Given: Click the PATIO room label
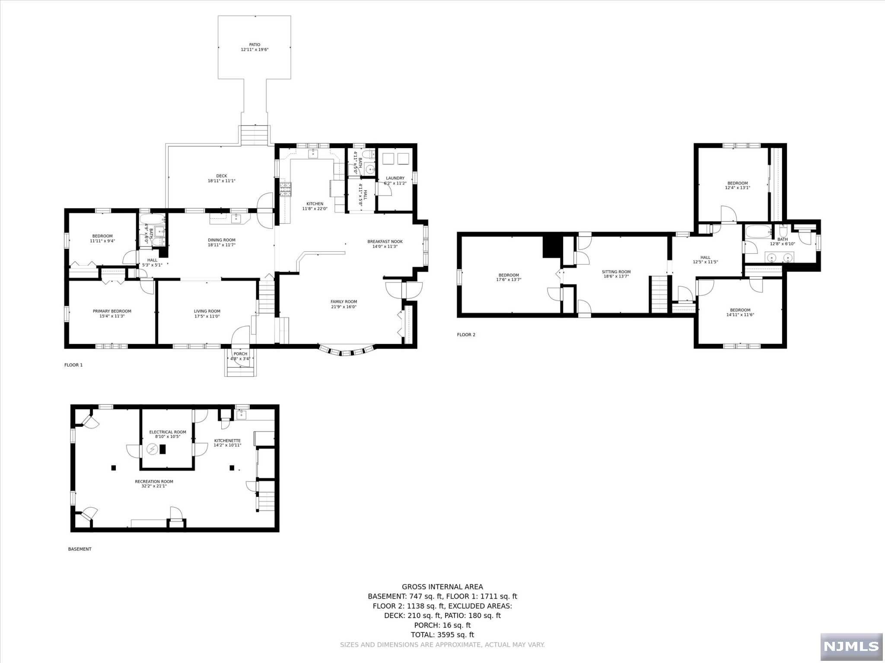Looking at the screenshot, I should [255, 44].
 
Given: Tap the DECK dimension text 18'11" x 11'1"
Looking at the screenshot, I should [221, 181].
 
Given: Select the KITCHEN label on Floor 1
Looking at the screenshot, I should [315, 204].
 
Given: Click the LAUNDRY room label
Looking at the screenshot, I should [395, 178].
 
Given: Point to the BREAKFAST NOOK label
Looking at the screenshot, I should [385, 242].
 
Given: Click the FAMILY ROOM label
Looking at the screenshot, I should [344, 302].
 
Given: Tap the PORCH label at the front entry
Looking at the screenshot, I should [240, 354].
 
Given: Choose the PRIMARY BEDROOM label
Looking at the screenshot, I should [112, 311].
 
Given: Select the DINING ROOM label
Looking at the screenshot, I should [221, 240].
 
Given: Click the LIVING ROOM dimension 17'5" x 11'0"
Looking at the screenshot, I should [207, 316].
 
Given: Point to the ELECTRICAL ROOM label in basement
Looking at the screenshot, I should [168, 432].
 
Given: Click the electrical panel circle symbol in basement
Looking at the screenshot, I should [152, 450].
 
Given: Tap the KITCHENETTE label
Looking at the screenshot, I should [227, 441].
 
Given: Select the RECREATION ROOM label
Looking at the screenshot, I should [154, 481].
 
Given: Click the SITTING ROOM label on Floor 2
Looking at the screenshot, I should [616, 272].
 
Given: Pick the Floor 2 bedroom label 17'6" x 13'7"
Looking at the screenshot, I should [509, 280].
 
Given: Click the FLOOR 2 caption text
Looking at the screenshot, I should [466, 335].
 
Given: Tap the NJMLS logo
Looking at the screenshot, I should [851, 646].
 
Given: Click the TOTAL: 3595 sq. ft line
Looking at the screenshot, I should [442, 635].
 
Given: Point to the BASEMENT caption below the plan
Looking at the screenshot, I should [80, 549].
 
